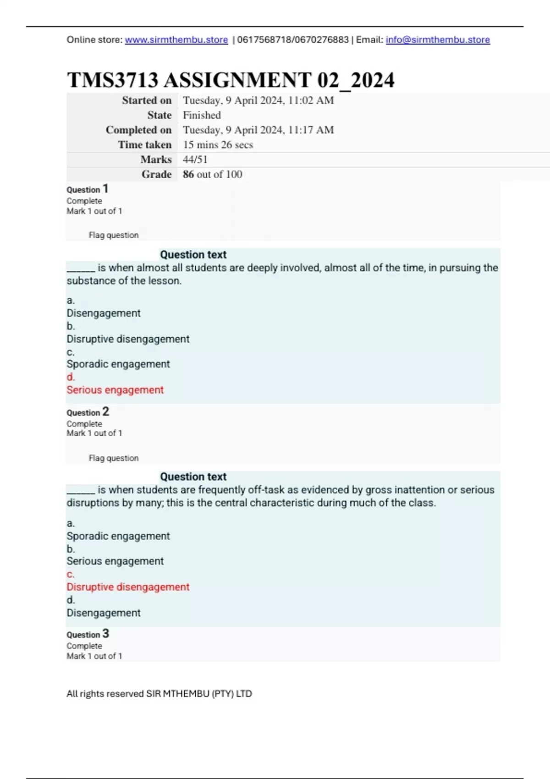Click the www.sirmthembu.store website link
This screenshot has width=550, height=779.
tap(176, 40)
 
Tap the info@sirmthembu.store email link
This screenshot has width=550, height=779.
tap(438, 40)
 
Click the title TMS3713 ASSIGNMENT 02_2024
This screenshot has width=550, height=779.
tap(231, 80)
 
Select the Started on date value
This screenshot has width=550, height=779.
tap(258, 100)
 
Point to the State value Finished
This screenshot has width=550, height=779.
tap(202, 115)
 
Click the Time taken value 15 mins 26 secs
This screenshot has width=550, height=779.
tap(218, 145)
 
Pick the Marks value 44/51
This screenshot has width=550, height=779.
tap(195, 159)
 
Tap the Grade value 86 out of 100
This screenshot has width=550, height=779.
tap(212, 174)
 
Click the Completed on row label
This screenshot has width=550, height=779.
tap(138, 130)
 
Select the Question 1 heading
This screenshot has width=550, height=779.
tap(88, 189)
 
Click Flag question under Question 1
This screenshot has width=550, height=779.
tap(113, 235)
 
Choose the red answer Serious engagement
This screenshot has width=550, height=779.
tap(115, 390)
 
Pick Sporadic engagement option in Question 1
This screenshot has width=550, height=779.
tap(118, 364)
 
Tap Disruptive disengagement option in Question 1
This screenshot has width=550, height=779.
tap(128, 339)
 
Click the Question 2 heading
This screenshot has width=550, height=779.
tap(88, 412)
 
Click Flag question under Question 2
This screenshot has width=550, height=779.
tap(113, 458)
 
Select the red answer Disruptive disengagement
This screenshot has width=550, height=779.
tap(128, 587)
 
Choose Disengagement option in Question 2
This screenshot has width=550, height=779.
tap(104, 613)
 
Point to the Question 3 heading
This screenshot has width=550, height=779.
tap(88, 634)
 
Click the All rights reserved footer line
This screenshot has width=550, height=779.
tap(159, 694)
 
